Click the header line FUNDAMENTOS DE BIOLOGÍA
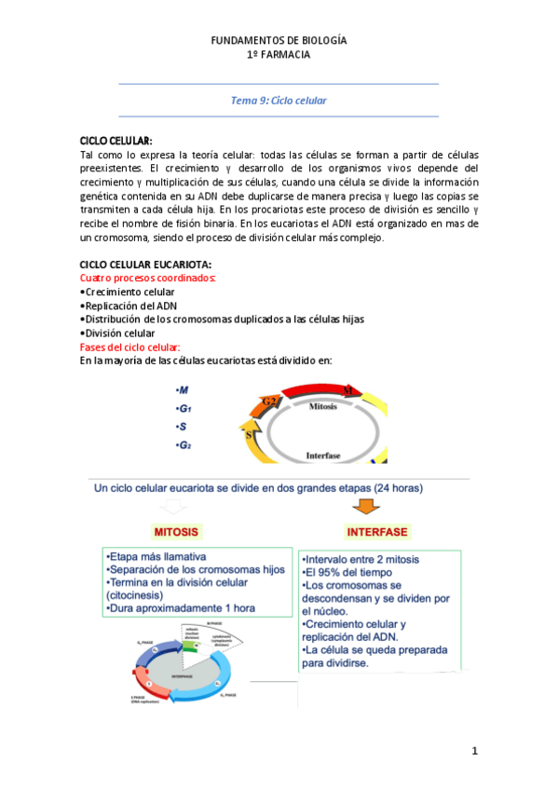click(279, 41)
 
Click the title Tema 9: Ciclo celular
click(279, 100)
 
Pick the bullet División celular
click(118, 333)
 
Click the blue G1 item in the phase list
click(183, 408)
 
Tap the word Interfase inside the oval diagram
click(327, 456)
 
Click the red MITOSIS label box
click(176, 533)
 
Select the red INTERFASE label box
click(376, 533)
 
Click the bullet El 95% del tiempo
click(342, 573)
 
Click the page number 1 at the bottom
click(474, 750)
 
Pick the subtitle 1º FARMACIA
click(279, 55)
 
